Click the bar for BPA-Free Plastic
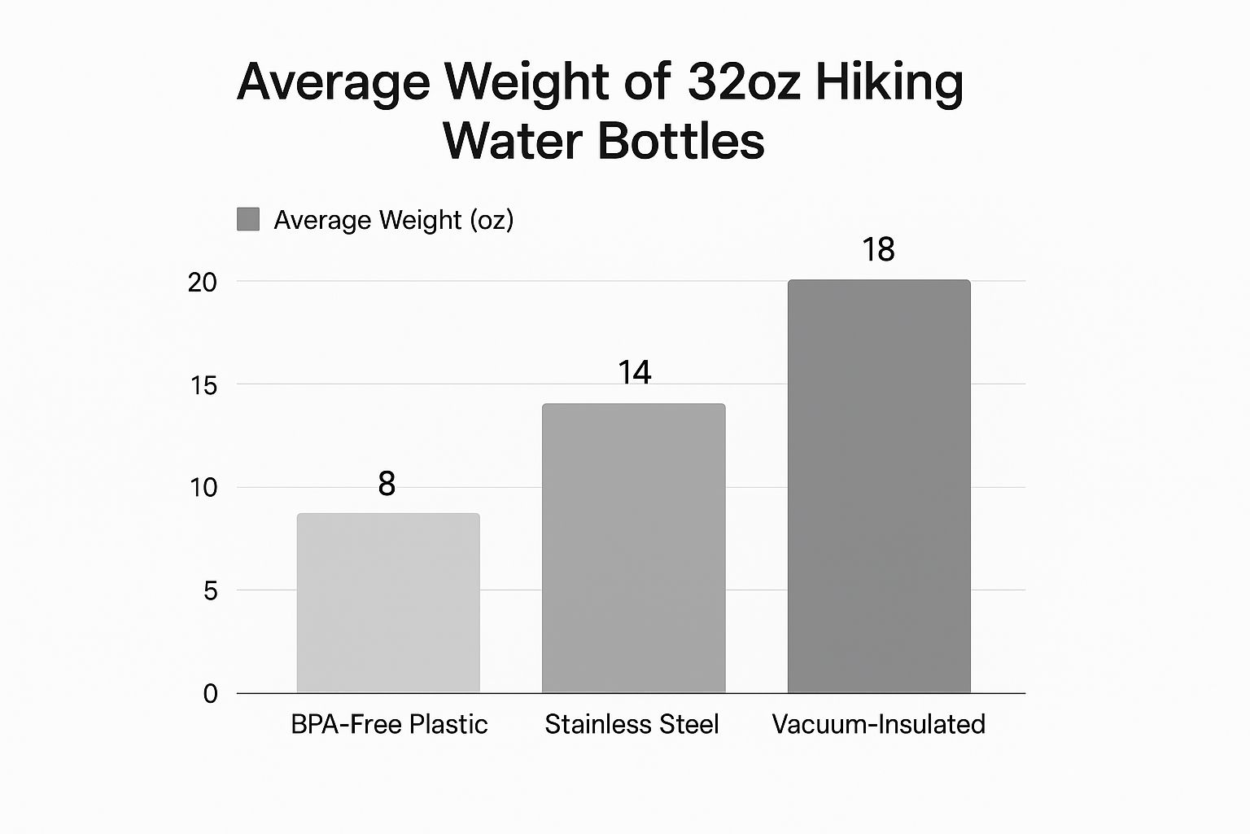(388, 603)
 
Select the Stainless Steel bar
(633, 548)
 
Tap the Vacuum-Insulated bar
(879, 486)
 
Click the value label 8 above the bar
(387, 484)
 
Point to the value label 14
(634, 372)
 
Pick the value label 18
(878, 249)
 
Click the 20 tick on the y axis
(203, 283)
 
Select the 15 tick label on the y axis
(203, 385)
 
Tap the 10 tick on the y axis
(203, 488)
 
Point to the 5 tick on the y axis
(210, 590)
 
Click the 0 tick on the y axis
(210, 694)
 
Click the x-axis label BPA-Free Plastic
(389, 724)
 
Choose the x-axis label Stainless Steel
(632, 724)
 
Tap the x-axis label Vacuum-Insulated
(878, 724)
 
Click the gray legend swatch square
(248, 219)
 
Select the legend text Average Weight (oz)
(393, 220)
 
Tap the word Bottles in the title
(681, 140)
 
